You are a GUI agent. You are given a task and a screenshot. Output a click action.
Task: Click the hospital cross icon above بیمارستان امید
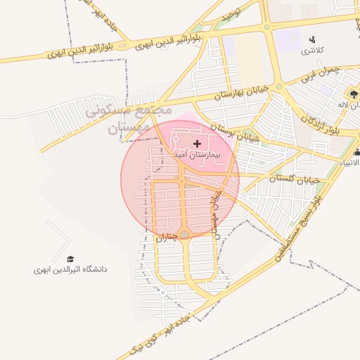click(195, 143)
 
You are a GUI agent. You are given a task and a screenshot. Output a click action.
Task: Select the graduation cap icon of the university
click(70, 259)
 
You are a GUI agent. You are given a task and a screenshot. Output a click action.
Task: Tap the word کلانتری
click(311, 51)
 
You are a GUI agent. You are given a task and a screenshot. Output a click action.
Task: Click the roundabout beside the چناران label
click(184, 234)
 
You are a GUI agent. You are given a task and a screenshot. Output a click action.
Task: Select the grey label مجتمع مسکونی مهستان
click(129, 120)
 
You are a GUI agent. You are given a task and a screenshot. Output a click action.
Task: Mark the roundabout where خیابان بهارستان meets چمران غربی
click(279, 87)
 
